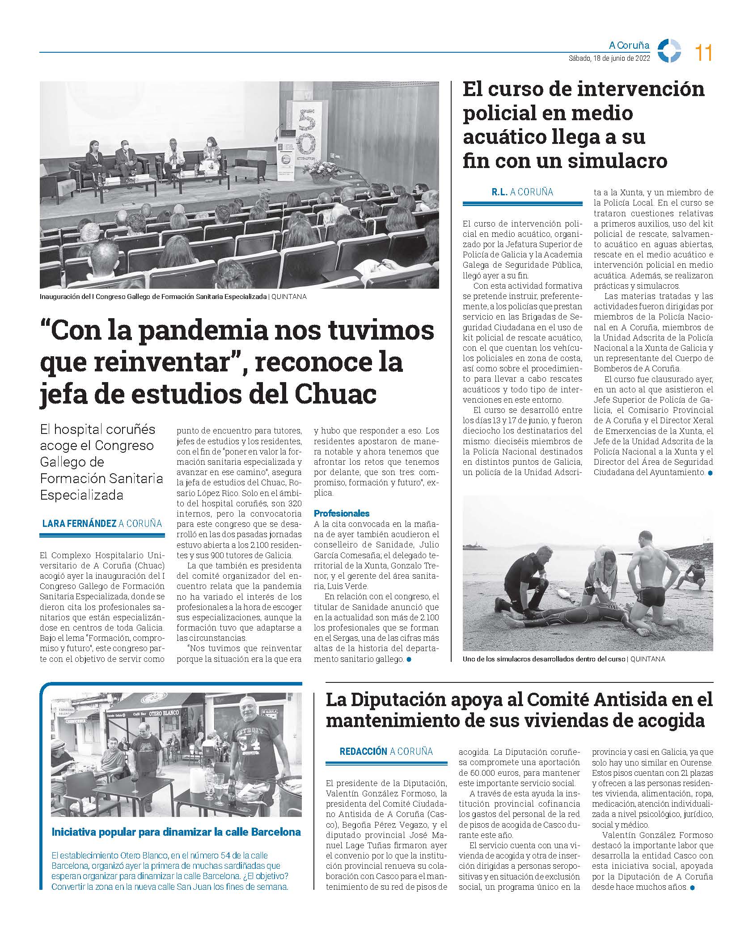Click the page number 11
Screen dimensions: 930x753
703,54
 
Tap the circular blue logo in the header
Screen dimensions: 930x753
670,51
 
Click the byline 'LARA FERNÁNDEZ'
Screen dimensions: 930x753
79,523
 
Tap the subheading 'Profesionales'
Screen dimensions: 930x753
342,513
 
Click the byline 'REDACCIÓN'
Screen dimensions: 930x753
363,751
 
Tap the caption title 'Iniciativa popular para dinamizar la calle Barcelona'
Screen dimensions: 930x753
176,832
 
